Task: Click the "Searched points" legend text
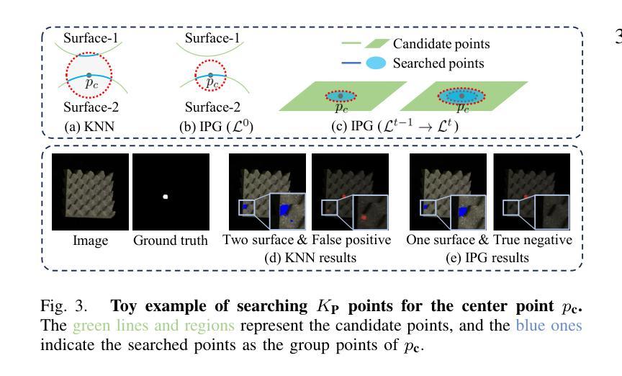(438, 63)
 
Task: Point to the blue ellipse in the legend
(376, 63)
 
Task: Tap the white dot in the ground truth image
(165, 195)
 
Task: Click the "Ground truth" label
(170, 240)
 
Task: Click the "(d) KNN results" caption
(307, 256)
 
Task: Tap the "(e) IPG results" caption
(489, 256)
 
